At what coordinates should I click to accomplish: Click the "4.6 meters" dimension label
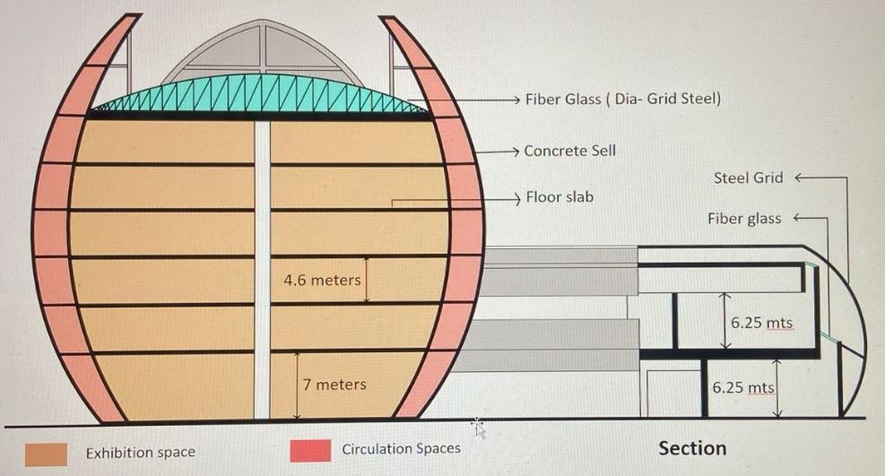[322, 280]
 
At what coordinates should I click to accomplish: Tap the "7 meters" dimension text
[334, 385]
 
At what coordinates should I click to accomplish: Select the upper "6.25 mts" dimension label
[761, 323]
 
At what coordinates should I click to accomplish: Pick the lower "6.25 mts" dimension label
[742, 388]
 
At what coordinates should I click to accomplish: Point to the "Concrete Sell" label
[569, 151]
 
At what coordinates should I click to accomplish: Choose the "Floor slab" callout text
[560, 196]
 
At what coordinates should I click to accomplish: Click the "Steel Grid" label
[748, 177]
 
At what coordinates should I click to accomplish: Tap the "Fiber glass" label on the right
[743, 218]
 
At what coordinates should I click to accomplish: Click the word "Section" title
[692, 447]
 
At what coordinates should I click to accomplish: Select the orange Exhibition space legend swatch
[47, 452]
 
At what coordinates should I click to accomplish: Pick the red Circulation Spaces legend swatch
[310, 450]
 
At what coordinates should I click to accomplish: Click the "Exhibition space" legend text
[140, 453]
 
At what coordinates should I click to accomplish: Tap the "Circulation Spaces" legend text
[401, 448]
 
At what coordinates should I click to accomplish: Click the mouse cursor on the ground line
[478, 427]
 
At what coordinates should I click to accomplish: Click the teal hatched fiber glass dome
[260, 98]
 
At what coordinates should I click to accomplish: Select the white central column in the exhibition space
[262, 269]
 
